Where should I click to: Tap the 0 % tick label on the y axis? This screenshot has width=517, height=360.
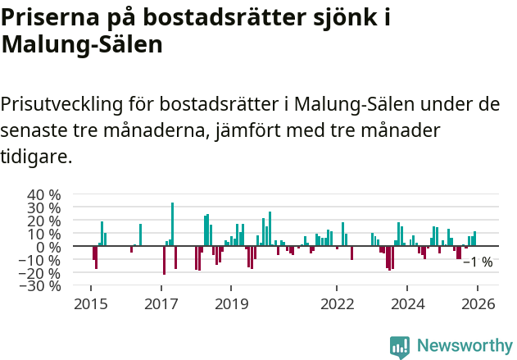click(48, 247)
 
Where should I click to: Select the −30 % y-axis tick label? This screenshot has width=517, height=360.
click(41, 286)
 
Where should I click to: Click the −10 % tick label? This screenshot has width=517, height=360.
click(41, 260)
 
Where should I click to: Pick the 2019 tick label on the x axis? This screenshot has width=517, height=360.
click(231, 303)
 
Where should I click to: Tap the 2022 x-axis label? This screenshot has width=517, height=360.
click(337, 303)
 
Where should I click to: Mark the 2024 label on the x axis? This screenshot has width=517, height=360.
click(407, 303)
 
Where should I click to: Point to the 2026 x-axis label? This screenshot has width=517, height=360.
click(478, 303)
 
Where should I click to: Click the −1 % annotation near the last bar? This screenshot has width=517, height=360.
click(478, 262)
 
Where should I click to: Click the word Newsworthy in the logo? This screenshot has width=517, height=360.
click(464, 346)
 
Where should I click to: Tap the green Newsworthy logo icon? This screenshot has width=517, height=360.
click(400, 347)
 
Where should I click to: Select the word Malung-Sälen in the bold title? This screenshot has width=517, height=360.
click(82, 44)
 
